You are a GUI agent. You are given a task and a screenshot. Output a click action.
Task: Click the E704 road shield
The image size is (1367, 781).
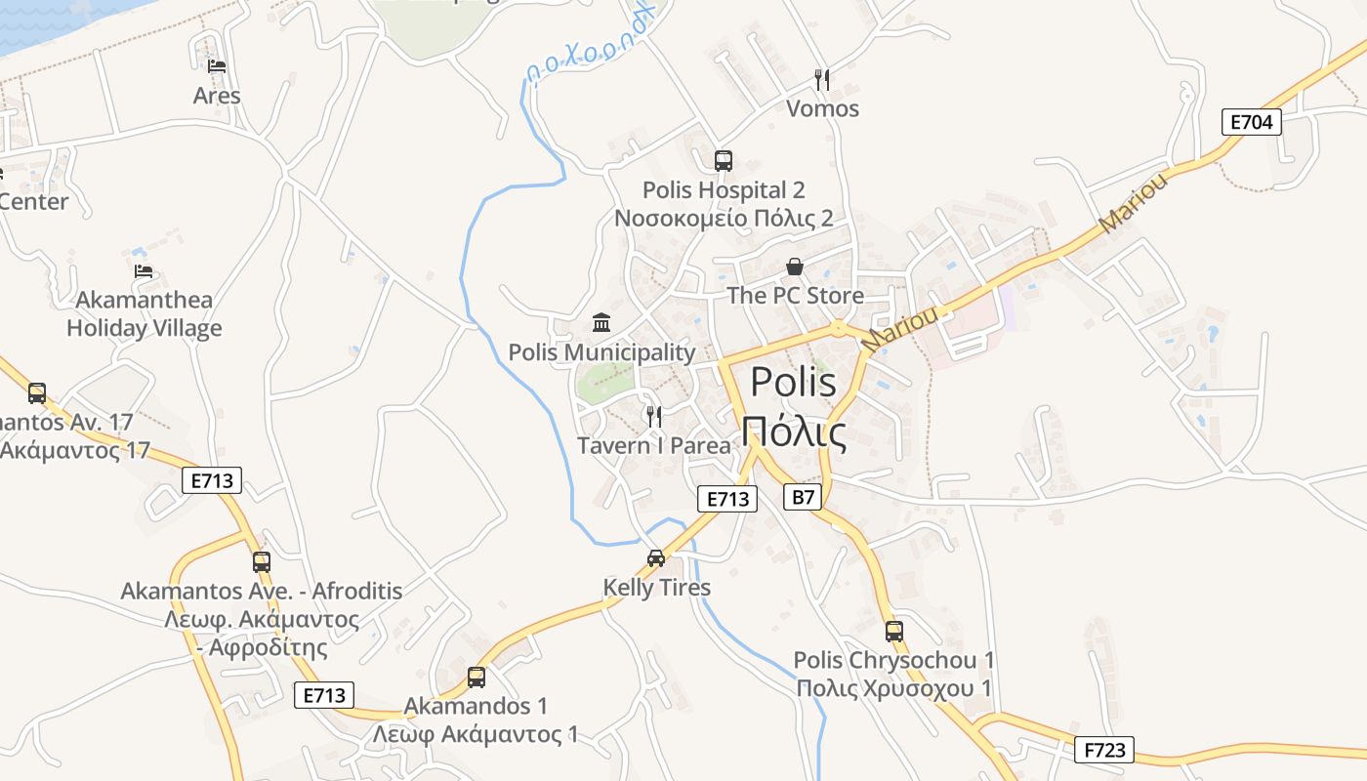pos(1251,122)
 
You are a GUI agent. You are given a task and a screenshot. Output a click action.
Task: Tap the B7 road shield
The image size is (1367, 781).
pos(801,498)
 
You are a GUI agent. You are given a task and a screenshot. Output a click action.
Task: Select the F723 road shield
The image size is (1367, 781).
pos(1105,750)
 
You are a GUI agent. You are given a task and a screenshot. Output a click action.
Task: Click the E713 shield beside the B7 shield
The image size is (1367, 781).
pos(727,499)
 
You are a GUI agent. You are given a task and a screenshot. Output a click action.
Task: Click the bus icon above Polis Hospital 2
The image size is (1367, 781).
pos(723,161)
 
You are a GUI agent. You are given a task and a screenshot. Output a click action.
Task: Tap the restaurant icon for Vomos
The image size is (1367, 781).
pos(822,79)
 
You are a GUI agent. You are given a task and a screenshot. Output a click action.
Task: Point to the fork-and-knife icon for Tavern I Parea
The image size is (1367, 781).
pos(654,417)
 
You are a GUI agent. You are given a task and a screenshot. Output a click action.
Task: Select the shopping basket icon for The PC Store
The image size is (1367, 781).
pos(795,267)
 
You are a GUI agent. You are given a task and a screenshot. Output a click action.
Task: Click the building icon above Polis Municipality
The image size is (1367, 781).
pos(601,323)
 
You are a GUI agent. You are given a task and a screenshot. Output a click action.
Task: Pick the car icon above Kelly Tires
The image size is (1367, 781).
pos(656,558)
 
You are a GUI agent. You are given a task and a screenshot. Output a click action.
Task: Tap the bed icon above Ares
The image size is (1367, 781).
pos(217,66)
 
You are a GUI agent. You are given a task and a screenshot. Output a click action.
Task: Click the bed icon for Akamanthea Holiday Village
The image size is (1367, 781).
pos(144,270)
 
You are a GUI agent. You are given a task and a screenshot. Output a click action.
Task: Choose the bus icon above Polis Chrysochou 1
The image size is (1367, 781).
pos(893,632)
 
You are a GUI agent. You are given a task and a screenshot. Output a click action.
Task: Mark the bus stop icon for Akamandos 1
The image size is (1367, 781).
pos(476,677)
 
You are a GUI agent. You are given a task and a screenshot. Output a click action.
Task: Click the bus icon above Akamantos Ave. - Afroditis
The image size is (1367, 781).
pos(261,562)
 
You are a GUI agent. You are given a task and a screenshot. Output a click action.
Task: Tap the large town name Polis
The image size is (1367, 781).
pos(793,383)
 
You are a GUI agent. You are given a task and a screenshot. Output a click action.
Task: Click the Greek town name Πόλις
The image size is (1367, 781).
pos(793,431)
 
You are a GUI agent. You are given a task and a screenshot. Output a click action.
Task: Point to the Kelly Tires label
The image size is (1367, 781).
pos(656,588)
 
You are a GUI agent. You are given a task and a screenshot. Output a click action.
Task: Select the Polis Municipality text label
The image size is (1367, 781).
pos(601,352)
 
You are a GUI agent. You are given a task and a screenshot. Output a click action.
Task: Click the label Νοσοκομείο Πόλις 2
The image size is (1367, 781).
pos(723,218)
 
